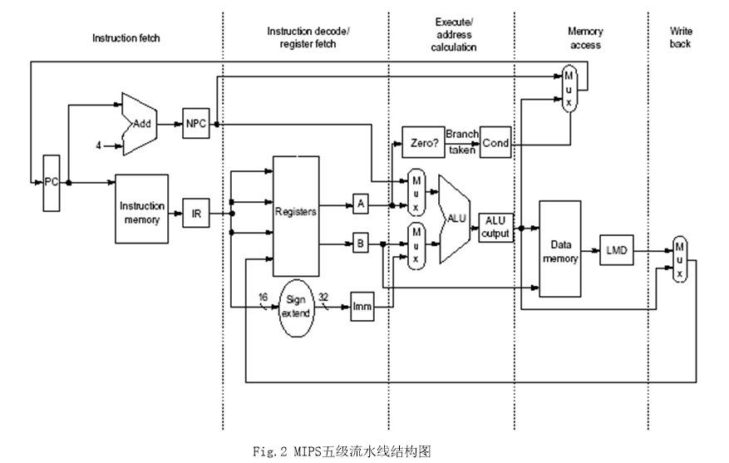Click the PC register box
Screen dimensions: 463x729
point(51,183)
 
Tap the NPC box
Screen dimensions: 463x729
point(196,123)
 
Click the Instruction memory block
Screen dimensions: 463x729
point(141,209)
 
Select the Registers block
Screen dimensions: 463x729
point(296,212)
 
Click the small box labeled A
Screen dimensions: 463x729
point(360,202)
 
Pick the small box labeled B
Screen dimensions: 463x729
point(360,244)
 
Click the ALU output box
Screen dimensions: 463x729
point(495,227)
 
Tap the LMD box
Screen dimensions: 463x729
point(616,249)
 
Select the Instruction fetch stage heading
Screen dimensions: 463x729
point(126,37)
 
